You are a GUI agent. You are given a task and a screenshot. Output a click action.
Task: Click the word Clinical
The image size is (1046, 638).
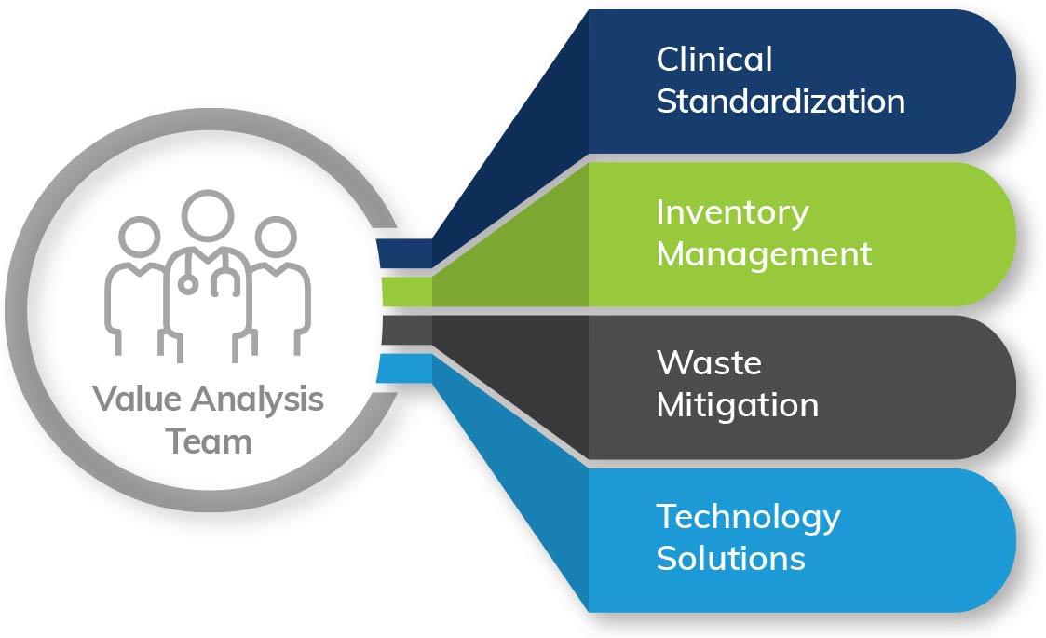[x=714, y=60]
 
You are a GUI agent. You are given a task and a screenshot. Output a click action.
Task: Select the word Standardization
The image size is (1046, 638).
[x=781, y=101]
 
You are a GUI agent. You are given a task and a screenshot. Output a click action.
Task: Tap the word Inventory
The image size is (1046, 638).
[x=732, y=212]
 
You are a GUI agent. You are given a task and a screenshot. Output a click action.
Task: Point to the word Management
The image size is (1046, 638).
[x=764, y=253]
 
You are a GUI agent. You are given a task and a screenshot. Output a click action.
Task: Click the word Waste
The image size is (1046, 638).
[x=709, y=362]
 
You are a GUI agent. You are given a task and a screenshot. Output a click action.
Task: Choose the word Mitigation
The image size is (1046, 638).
[x=738, y=405]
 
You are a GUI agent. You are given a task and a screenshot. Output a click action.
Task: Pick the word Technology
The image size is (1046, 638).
[x=748, y=517]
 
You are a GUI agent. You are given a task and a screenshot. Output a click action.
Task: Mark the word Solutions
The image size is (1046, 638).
[x=730, y=558]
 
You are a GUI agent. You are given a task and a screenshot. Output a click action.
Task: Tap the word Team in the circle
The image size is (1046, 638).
[x=209, y=441]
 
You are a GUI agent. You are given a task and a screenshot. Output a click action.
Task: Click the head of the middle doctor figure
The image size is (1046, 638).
[x=208, y=214]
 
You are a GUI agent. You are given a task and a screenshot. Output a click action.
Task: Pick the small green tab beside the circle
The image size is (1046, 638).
[x=405, y=292]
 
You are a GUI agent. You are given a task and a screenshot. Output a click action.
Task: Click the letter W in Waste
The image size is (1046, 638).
[x=672, y=362]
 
